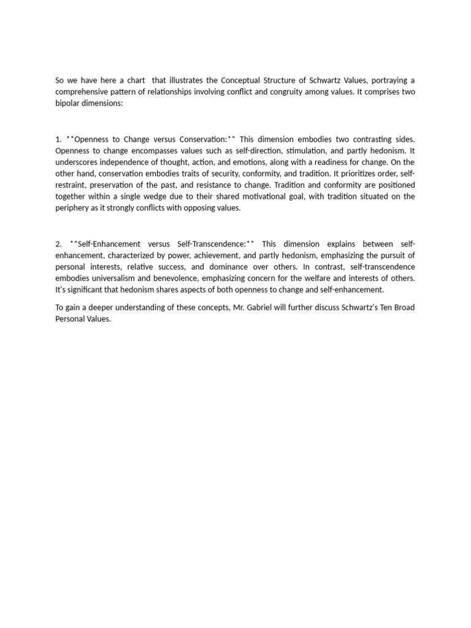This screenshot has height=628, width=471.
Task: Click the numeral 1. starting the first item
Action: click(x=59, y=139)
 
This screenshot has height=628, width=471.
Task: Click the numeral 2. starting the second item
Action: click(x=59, y=244)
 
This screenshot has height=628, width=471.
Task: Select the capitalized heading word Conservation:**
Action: click(x=207, y=139)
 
